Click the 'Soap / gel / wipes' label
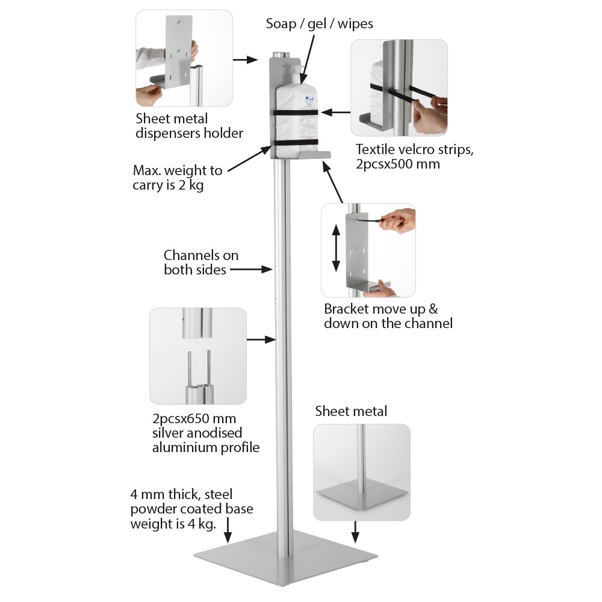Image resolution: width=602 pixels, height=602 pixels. (x=319, y=24)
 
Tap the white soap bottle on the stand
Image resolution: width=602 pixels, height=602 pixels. (x=295, y=114)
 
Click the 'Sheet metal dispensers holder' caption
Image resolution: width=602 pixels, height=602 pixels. (x=189, y=125)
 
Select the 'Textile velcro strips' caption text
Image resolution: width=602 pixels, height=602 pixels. (x=414, y=156)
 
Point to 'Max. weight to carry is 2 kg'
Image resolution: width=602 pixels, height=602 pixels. (x=178, y=178)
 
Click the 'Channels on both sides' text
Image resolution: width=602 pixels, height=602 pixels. (x=201, y=262)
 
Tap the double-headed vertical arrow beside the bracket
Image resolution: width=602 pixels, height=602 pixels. (x=336, y=248)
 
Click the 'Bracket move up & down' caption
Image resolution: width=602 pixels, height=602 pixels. (x=388, y=316)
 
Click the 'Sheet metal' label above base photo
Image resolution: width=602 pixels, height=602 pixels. (x=351, y=412)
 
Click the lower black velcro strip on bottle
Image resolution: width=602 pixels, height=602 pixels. (x=295, y=143)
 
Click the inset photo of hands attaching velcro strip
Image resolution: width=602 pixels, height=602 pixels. (x=399, y=87)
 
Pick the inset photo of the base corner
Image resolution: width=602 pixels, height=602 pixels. (x=362, y=472)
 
